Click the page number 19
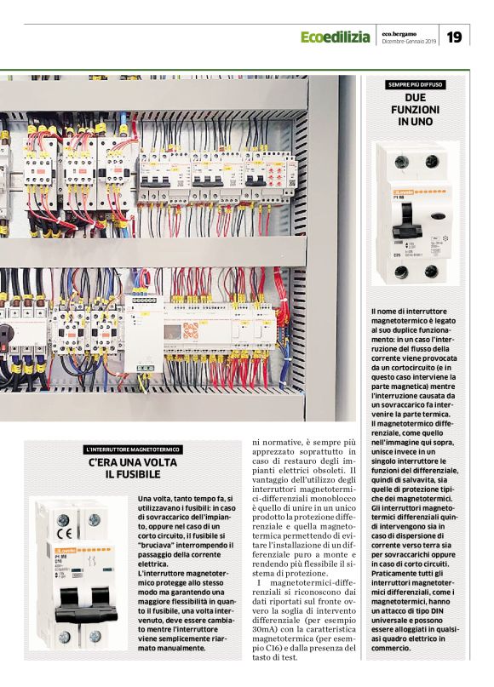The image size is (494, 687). [x=455, y=37]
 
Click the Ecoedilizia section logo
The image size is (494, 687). [x=335, y=37]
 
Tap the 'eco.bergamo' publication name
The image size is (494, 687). [x=399, y=32]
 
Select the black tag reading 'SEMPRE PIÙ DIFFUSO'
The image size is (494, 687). [x=415, y=85]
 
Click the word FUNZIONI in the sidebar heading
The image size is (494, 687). [x=415, y=111]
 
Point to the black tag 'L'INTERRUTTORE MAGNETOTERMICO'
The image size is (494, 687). [x=133, y=449]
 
